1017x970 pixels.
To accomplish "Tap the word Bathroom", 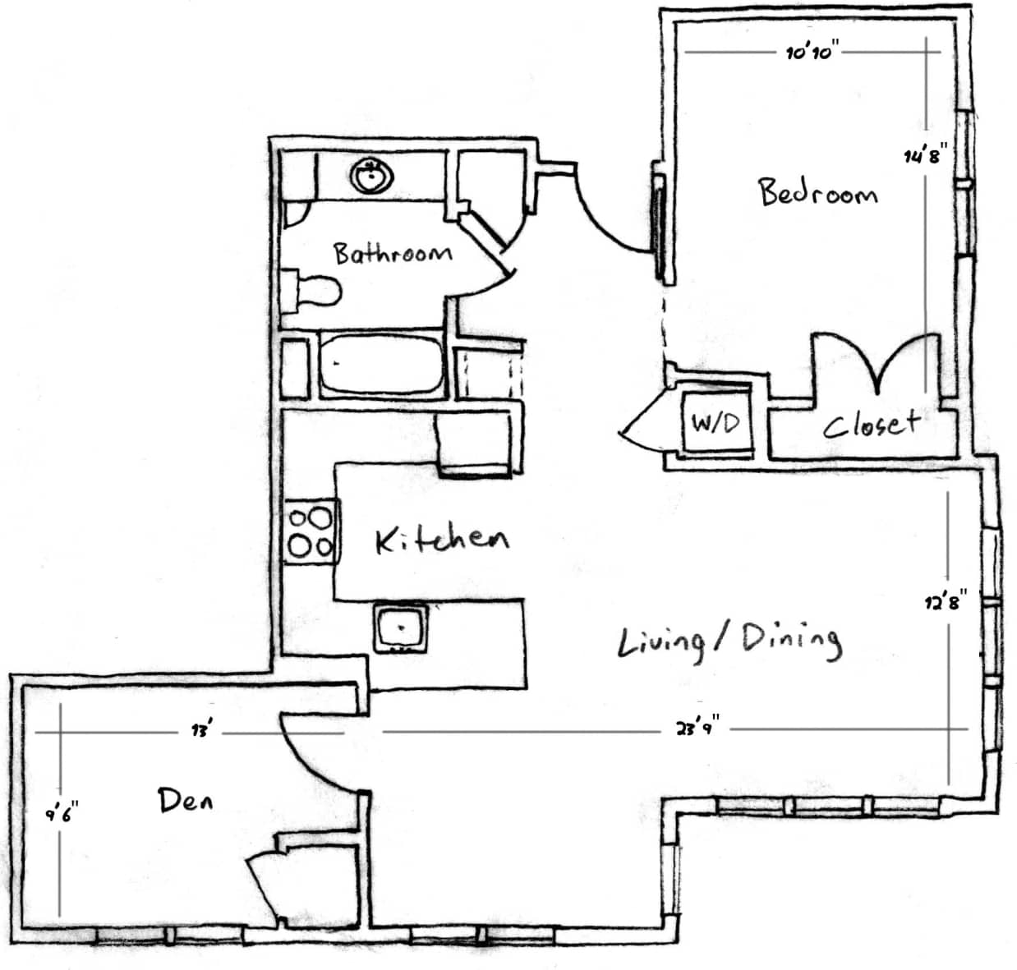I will (392, 252).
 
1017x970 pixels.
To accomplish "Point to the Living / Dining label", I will (729, 641).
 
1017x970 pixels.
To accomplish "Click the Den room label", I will (185, 799).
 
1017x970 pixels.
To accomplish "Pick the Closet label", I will (871, 424).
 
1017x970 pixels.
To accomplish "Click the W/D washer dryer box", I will (716, 423).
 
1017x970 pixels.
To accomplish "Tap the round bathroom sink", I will (373, 176).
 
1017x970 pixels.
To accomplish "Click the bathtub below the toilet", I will (380, 364).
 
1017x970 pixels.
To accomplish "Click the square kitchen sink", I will (401, 628).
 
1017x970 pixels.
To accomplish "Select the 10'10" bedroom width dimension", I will (810, 53).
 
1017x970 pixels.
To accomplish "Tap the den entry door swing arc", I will (320, 756).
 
